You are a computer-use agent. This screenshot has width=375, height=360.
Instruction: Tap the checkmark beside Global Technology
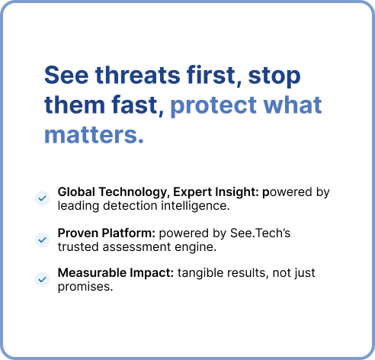tap(42, 198)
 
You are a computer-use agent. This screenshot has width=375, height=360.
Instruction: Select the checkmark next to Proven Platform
tap(42, 239)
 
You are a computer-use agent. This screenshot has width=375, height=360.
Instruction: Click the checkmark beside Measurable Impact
tap(42, 280)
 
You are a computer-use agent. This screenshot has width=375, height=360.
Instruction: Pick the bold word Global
tap(76, 192)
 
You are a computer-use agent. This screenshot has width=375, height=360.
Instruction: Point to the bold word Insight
tap(232, 192)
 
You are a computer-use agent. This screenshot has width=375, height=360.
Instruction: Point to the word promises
tap(85, 287)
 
